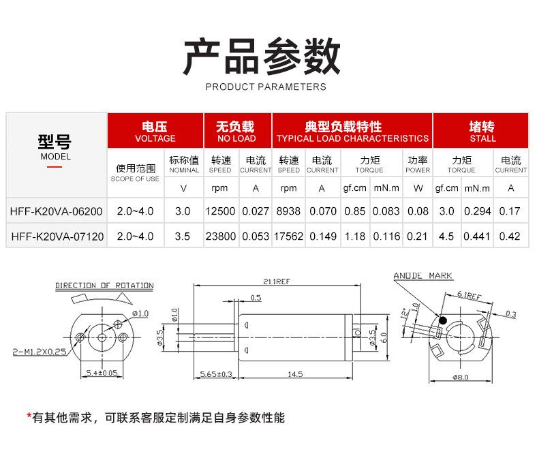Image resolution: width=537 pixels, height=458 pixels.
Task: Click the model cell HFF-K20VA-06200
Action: click(57, 211)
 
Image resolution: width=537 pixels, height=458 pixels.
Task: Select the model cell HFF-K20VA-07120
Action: click(57, 237)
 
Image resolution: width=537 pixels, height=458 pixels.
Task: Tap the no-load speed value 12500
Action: click(220, 211)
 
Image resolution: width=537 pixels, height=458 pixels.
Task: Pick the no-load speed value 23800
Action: click(220, 237)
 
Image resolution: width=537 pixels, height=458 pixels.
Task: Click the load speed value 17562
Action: click(288, 237)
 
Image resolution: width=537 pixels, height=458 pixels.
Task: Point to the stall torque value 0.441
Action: click(477, 237)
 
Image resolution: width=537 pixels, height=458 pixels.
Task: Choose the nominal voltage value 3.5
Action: click(183, 237)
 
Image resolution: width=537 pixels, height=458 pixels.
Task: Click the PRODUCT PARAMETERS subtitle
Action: click(266, 87)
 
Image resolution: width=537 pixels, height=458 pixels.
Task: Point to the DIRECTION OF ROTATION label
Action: click(104, 286)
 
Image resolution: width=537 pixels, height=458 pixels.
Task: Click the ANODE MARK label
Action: click(423, 276)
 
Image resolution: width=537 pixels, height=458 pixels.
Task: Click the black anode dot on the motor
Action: click(442, 320)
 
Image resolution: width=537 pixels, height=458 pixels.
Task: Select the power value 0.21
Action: click(418, 237)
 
